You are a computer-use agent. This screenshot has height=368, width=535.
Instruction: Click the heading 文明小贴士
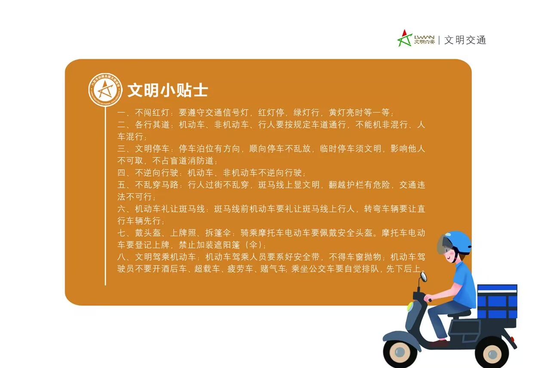[168, 90]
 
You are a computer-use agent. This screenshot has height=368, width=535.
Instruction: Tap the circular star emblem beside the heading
[105, 90]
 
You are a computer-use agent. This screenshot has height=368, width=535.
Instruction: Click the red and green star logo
[405, 38]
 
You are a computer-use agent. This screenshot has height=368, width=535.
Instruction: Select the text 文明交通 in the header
[465, 40]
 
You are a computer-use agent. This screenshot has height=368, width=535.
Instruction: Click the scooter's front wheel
[400, 352]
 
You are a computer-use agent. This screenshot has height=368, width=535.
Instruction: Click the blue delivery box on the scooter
[497, 301]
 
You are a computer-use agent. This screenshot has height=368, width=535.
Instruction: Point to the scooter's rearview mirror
[424, 277]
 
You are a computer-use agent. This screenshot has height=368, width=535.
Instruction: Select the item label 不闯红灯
[152, 113]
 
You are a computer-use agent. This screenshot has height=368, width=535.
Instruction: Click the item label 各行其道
[152, 125]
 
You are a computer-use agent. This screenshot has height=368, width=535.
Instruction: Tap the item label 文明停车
[152, 149]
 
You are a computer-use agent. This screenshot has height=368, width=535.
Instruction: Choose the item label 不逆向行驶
[157, 173]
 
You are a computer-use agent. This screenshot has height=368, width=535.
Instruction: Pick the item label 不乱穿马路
[157, 184]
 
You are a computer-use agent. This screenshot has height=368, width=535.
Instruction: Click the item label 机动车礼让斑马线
[170, 209]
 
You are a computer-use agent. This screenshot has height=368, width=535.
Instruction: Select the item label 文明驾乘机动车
[165, 257]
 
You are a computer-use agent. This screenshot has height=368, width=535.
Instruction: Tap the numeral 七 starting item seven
[121, 233]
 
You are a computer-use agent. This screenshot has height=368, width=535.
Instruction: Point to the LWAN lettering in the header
[424, 37]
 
